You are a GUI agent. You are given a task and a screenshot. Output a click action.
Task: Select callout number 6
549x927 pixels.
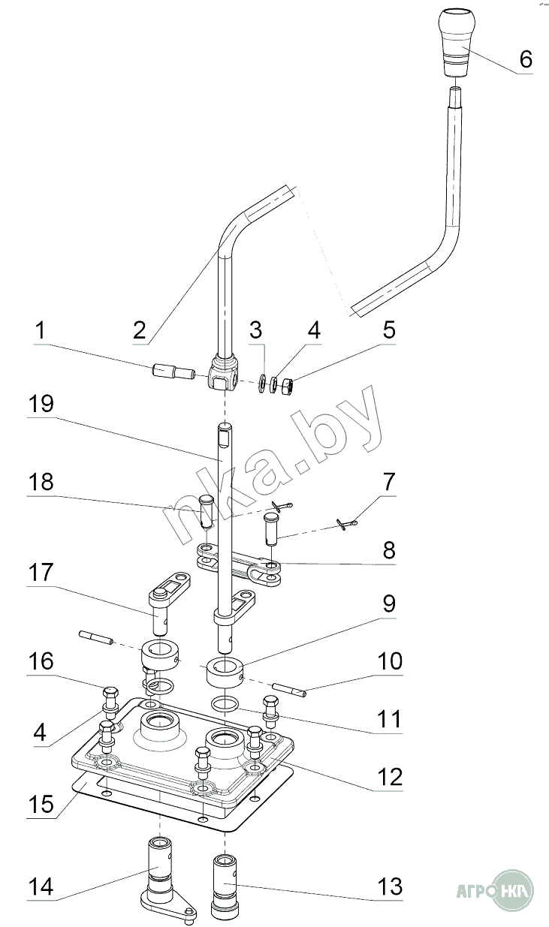click(526, 59)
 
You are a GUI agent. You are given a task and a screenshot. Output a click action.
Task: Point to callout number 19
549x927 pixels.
click(41, 404)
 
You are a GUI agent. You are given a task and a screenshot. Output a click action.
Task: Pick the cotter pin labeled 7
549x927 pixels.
click(347, 525)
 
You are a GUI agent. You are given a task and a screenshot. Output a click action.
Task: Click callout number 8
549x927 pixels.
click(389, 551)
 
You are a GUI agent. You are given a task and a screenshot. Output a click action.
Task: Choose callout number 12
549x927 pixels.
click(390, 777)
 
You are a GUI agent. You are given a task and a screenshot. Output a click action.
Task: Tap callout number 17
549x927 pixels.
click(41, 573)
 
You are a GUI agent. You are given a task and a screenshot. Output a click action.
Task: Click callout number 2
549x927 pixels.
click(140, 331)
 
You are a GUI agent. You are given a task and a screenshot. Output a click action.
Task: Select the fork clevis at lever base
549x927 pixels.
click(224, 373)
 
